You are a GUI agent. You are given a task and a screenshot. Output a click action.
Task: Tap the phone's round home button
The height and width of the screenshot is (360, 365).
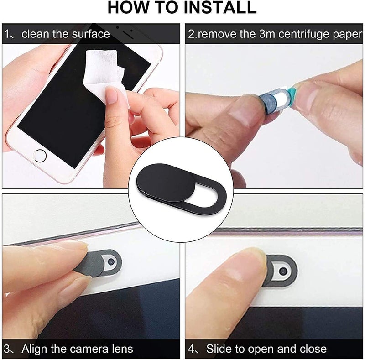[x=40, y=155]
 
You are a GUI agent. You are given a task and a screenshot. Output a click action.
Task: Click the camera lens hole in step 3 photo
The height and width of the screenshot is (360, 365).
[x=109, y=261]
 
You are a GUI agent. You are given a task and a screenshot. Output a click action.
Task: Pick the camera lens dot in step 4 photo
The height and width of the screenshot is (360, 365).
[x=283, y=271]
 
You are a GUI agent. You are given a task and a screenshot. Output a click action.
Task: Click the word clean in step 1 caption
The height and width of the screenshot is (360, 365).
[x=36, y=33]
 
